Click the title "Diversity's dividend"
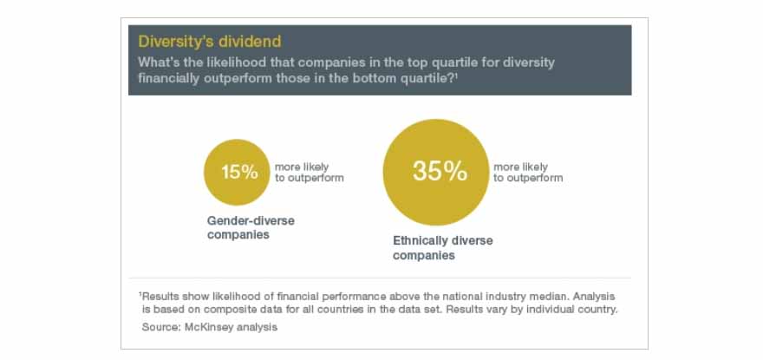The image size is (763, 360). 210,42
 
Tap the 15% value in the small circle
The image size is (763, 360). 239,172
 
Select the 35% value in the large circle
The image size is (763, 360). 440,171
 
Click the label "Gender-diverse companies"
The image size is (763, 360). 251,227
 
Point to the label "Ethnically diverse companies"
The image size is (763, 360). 443,248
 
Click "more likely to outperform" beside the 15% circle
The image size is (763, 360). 310,173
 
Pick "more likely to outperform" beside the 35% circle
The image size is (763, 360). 528,173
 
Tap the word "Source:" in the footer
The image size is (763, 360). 161,327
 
